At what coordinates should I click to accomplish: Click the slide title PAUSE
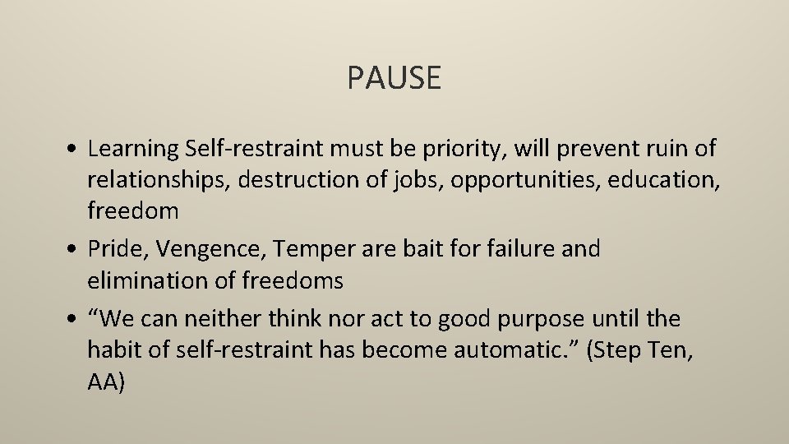pyautogui.click(x=394, y=78)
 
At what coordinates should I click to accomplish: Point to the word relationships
pyautogui.click(x=159, y=180)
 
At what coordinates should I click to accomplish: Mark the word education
pyautogui.click(x=667, y=180)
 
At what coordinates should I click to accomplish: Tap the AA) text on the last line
pyautogui.click(x=106, y=382)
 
